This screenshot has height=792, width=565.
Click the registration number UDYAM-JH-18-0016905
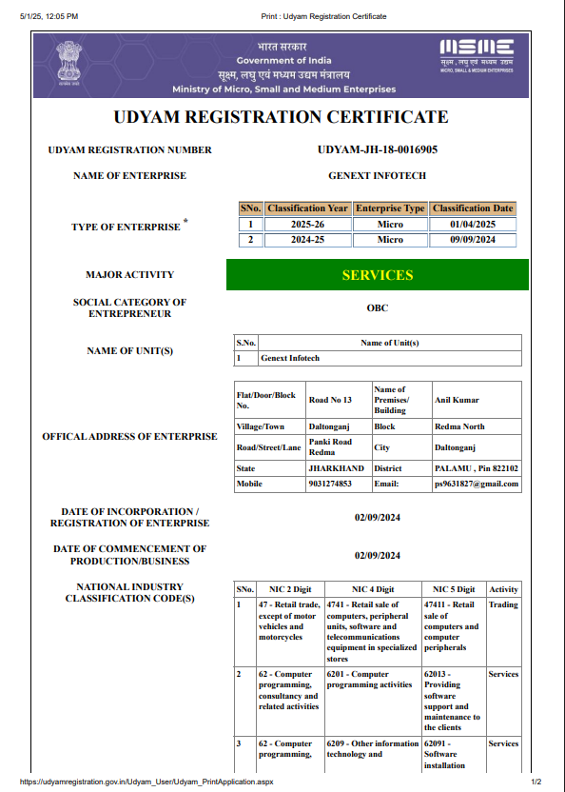(x=377, y=149)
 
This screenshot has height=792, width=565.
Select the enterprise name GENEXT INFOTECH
(x=377, y=176)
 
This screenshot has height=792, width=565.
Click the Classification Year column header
(x=307, y=208)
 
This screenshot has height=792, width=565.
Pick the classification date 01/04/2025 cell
(x=473, y=225)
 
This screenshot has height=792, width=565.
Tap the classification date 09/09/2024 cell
(x=473, y=240)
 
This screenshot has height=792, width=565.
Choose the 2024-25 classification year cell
(x=307, y=240)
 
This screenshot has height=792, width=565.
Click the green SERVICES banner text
(x=377, y=275)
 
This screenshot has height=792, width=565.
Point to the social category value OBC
(x=377, y=307)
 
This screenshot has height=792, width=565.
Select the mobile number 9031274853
(x=330, y=484)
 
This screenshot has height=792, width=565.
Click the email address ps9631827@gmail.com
(x=477, y=484)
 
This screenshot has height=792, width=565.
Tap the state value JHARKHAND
(x=336, y=468)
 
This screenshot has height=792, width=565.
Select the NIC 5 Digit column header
(x=453, y=589)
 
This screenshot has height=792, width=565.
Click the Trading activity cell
(x=503, y=604)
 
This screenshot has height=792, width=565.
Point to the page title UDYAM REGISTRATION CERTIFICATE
(x=281, y=118)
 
